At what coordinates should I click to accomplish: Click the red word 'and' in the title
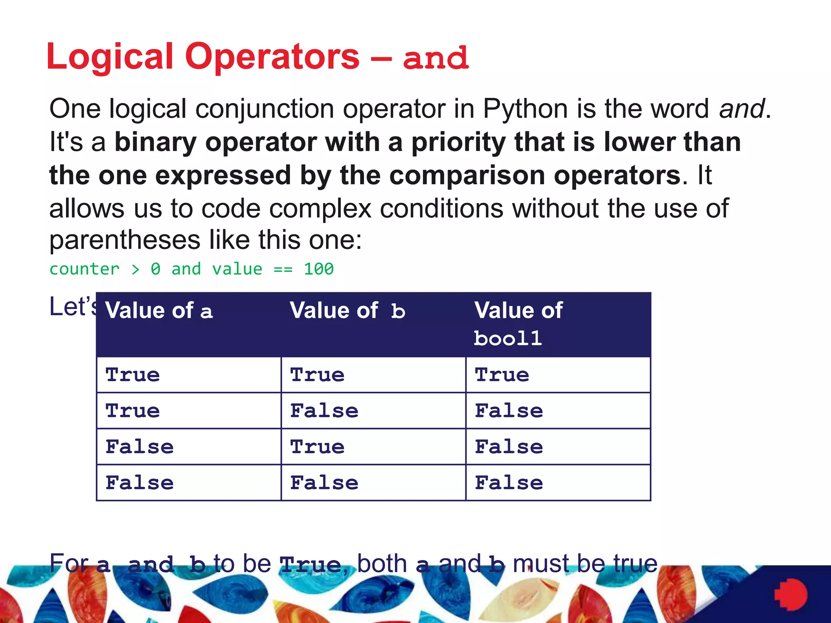tap(436, 58)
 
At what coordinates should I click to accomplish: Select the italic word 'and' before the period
tap(742, 109)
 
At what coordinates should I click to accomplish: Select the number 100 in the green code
tap(319, 269)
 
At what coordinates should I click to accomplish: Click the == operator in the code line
tap(283, 269)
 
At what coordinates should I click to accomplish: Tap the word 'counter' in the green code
tap(84, 269)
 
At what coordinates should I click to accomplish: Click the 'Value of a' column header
tap(159, 311)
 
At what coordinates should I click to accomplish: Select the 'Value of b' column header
tap(348, 311)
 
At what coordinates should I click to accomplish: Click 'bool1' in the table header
tap(508, 338)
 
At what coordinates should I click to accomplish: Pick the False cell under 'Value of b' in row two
tap(324, 410)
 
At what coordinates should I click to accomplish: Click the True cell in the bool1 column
tap(502, 374)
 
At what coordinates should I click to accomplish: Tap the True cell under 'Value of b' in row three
tap(317, 447)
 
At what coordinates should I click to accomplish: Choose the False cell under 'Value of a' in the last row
tap(140, 483)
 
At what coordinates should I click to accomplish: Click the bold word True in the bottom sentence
tap(310, 565)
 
